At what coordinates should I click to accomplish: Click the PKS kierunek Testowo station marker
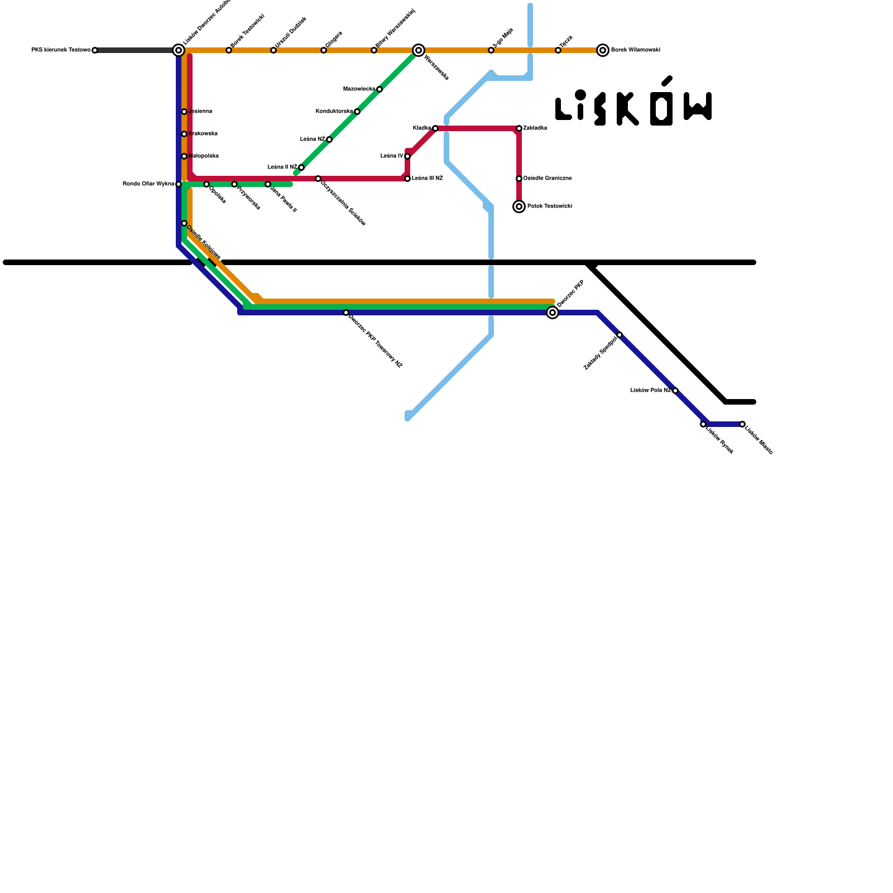point(95,50)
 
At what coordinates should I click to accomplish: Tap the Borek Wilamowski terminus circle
point(603,50)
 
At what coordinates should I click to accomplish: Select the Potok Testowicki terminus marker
point(519,207)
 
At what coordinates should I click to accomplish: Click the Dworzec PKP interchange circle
point(553,313)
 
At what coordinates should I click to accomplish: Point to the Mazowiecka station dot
point(380,89)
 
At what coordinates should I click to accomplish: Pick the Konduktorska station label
point(334,112)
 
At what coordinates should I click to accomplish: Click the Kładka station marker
point(435,128)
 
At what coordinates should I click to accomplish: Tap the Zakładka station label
point(535,128)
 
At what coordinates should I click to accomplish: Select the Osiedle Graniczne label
point(547,179)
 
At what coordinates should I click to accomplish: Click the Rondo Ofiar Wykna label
point(148,184)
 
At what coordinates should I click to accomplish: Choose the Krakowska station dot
point(184,134)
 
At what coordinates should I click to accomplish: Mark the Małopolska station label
point(203,156)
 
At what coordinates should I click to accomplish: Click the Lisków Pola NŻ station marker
point(675,391)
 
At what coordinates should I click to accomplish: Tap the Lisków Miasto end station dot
point(742,424)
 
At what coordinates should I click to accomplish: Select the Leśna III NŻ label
point(427,179)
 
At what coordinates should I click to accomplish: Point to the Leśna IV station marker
point(407,156)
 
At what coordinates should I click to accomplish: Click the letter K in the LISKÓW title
point(627,109)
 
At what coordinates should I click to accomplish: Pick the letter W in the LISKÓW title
point(698,107)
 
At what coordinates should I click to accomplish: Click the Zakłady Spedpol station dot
point(620,335)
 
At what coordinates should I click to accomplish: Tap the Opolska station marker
point(207,184)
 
